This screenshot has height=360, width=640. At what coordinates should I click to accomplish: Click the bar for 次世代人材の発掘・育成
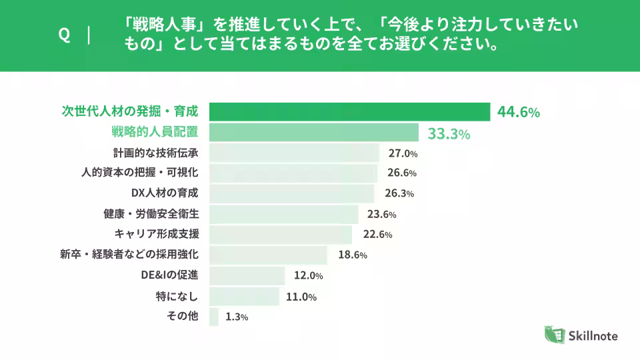point(350,112)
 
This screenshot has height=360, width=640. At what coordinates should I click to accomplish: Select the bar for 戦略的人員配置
point(313,133)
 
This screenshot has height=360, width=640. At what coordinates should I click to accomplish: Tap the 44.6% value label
point(518,112)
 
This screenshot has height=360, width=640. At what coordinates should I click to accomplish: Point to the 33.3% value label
point(449,133)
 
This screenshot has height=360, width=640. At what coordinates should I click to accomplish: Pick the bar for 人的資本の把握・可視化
point(293,173)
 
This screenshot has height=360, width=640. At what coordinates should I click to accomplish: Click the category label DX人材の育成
point(165,193)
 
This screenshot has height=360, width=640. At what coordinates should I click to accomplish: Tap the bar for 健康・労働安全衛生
point(284,214)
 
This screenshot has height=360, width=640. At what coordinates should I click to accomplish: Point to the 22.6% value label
point(377,234)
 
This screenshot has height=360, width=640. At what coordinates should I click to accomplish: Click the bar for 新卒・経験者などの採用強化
point(268,255)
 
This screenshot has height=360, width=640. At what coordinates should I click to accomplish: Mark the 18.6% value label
point(353,255)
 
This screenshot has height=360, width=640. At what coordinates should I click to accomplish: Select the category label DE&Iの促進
point(169,275)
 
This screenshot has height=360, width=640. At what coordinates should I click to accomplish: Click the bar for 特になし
point(244,296)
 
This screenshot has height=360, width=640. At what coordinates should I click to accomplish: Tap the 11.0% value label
point(301,297)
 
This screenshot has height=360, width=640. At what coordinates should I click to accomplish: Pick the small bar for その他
point(213,317)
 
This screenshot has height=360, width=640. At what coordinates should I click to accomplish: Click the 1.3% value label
point(237,317)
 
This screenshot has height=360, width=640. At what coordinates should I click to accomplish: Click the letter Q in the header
point(65,35)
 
